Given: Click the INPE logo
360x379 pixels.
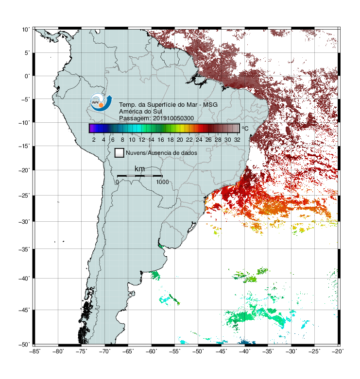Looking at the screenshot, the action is [101, 102].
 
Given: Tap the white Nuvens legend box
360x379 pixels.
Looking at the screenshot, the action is [120, 153].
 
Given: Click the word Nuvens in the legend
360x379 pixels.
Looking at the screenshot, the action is [136, 153].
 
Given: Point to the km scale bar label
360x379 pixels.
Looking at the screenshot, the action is [139, 169].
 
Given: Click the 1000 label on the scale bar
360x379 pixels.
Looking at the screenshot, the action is [162, 182].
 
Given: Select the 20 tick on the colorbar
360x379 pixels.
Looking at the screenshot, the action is [180, 140].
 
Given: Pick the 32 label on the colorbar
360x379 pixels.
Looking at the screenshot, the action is [237, 140].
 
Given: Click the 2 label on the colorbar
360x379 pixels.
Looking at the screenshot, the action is [94, 140].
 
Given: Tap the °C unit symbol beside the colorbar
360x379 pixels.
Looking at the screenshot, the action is [245, 128].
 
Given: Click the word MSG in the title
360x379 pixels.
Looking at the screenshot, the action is [210, 105].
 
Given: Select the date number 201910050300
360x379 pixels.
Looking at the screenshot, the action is [173, 118].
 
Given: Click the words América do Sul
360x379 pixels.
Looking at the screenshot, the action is [140, 112].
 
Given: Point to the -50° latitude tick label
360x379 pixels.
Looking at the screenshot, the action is [24, 345].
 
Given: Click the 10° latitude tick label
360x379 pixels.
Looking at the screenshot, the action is [26, 30].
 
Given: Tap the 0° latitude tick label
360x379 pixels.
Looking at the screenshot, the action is [27, 76].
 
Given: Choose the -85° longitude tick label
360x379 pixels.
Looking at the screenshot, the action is [34, 351].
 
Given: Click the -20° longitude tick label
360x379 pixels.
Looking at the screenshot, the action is [338, 351].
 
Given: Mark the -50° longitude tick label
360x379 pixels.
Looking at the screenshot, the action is [198, 351].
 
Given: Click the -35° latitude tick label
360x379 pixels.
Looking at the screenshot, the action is [24, 249].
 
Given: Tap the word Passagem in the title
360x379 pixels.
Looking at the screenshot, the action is [135, 118].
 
